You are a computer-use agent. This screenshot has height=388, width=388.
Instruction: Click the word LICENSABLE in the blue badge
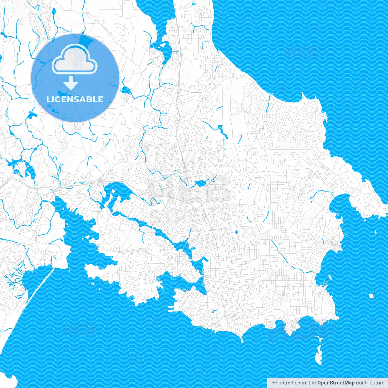pos(75,99)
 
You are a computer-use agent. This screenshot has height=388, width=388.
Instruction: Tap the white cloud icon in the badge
pos(75,59)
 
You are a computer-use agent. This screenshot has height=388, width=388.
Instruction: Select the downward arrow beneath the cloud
pos(71,83)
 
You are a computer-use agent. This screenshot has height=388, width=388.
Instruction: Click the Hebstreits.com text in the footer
pos(289,383)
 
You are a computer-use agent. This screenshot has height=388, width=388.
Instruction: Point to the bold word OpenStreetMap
pos(336,383)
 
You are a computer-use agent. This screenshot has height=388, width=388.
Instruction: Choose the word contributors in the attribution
pos(370,383)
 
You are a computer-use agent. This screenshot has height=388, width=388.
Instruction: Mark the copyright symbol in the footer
pos(314,383)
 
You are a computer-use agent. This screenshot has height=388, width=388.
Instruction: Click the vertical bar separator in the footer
pos(309,383)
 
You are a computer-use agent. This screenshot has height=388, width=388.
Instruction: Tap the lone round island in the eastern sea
pos(371,296)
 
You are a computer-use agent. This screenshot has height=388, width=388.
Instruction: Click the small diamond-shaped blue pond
pos(236,232)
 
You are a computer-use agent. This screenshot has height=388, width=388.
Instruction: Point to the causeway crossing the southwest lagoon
pos(39,285)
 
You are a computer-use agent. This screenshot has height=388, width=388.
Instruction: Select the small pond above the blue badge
pos(54,12)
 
